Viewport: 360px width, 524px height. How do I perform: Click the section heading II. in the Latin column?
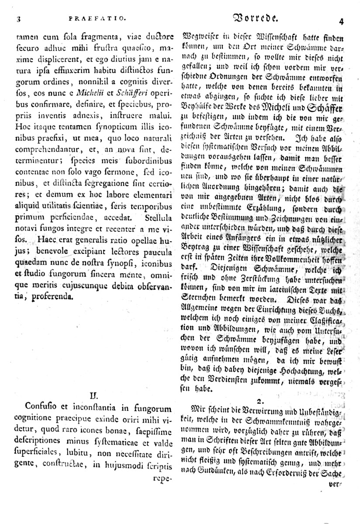93,395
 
